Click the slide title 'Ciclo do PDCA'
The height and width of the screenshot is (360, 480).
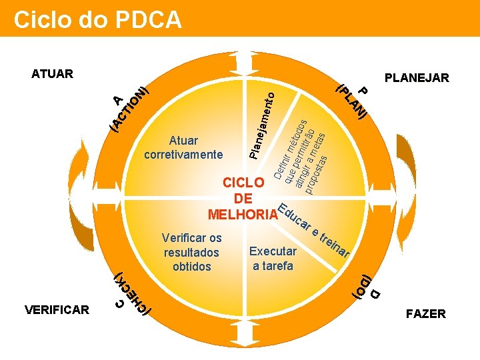(x=97, y=19)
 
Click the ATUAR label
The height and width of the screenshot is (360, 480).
(x=52, y=73)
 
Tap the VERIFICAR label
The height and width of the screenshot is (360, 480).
(x=57, y=309)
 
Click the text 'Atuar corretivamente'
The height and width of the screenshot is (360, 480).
(x=183, y=147)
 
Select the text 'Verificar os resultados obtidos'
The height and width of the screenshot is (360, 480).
(x=191, y=252)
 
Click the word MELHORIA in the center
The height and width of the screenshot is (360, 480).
(x=242, y=215)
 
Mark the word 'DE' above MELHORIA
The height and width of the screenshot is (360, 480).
(x=243, y=199)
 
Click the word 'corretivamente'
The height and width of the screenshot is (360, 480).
(x=183, y=155)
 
